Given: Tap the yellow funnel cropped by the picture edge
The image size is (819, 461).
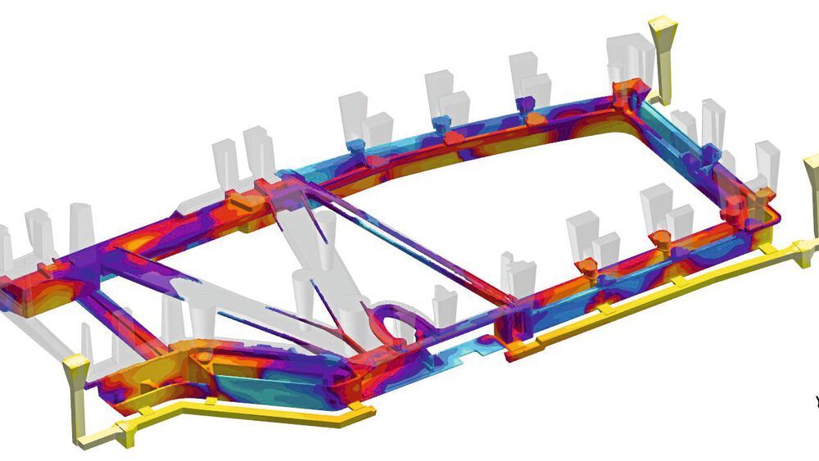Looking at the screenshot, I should pyautogui.click(x=811, y=176).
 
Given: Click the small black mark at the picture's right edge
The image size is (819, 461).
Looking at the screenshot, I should pyautogui.click(x=816, y=400).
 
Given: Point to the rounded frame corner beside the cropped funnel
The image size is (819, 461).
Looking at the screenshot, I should pyautogui.click(x=766, y=217).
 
